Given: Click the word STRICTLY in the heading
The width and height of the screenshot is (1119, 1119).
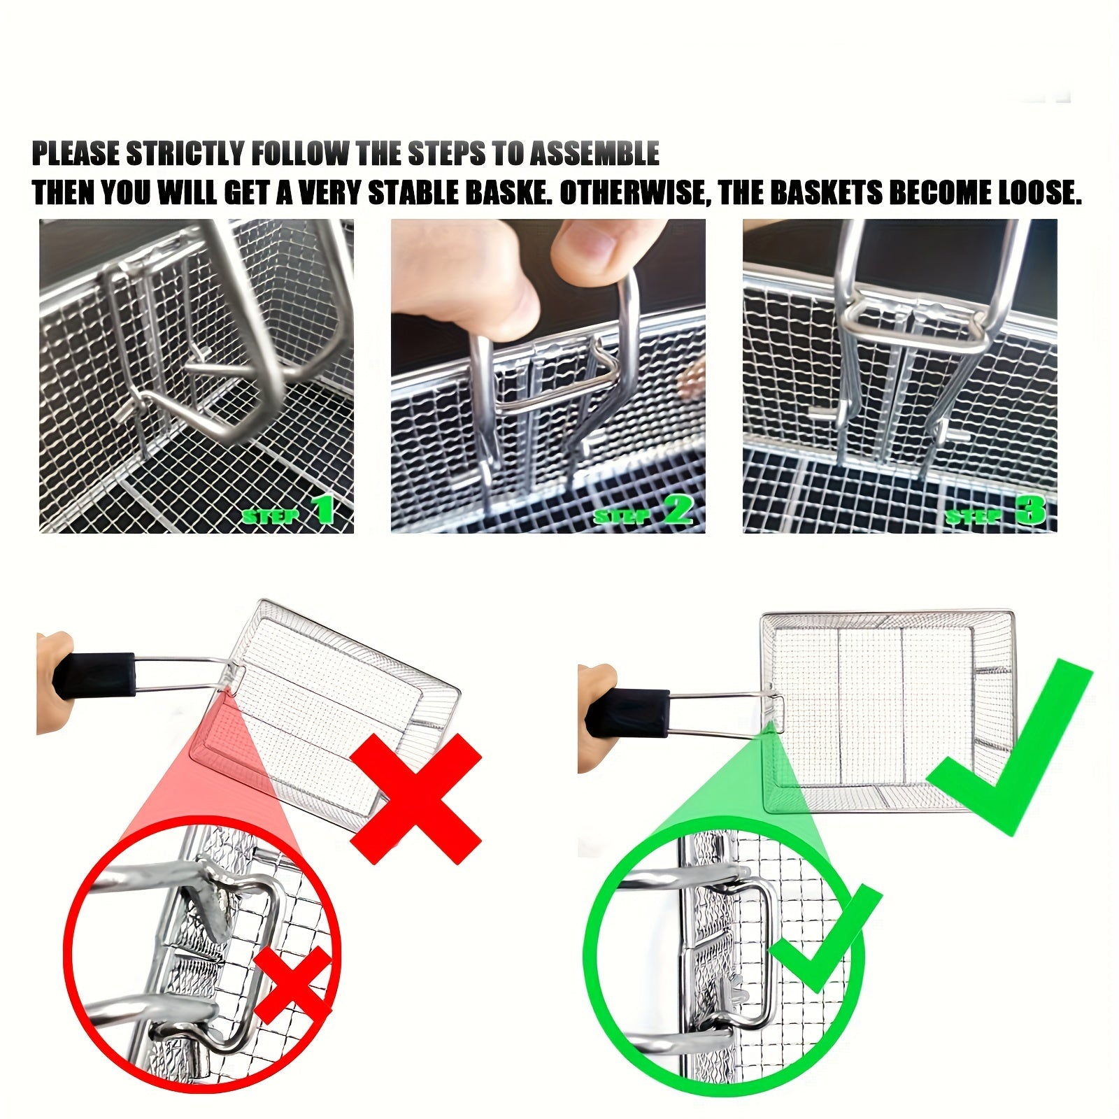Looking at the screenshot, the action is pyautogui.click(x=185, y=154).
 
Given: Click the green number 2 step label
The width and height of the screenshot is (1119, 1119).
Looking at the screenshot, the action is pyautogui.click(x=676, y=511).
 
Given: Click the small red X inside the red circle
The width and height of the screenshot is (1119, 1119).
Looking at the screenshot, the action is pyautogui.click(x=292, y=988).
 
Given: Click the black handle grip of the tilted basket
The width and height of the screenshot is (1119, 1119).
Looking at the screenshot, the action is pyautogui.click(x=94, y=676).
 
